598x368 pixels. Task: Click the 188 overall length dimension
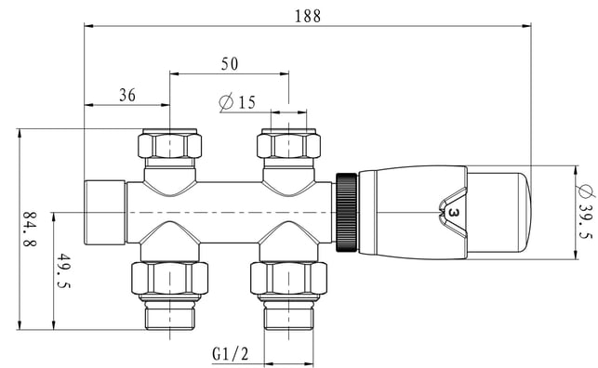pos(308,16)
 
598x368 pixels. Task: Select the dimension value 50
pos(230,64)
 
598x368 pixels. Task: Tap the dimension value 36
pos(127,95)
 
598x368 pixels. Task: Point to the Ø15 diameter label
pos(237,103)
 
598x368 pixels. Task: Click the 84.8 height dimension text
pos(30,230)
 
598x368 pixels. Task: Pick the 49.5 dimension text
pos(63,270)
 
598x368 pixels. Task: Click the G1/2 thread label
pos(231,354)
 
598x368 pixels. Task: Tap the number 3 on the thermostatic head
pos(453,213)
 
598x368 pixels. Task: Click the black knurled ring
pos(346,212)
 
